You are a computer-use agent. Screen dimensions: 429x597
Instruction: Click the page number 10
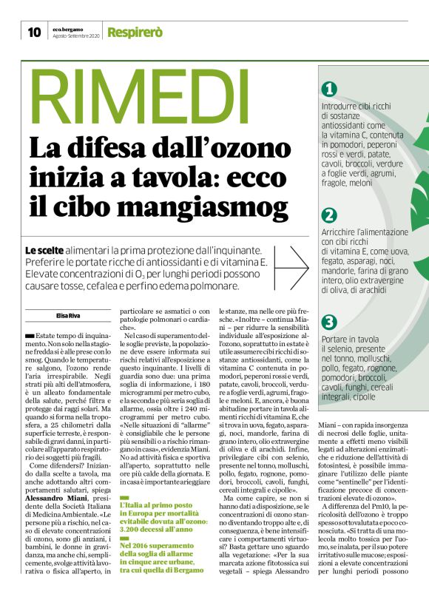[34, 32]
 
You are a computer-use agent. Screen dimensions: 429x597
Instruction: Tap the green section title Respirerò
[132, 32]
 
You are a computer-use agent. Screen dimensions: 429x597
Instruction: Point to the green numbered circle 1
[330, 89]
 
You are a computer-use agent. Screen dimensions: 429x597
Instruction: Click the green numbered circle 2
[330, 215]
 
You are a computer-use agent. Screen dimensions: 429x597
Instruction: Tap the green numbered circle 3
[330, 322]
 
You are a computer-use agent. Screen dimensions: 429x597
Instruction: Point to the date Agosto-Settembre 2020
[75, 36]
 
